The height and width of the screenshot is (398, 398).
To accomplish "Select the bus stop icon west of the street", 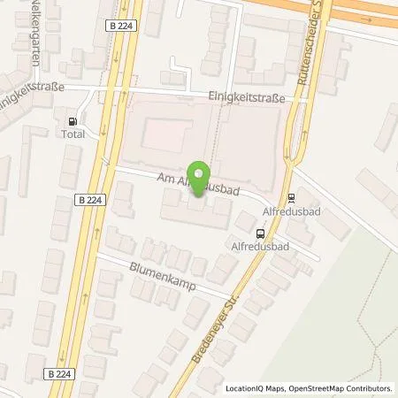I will click(259, 233).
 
